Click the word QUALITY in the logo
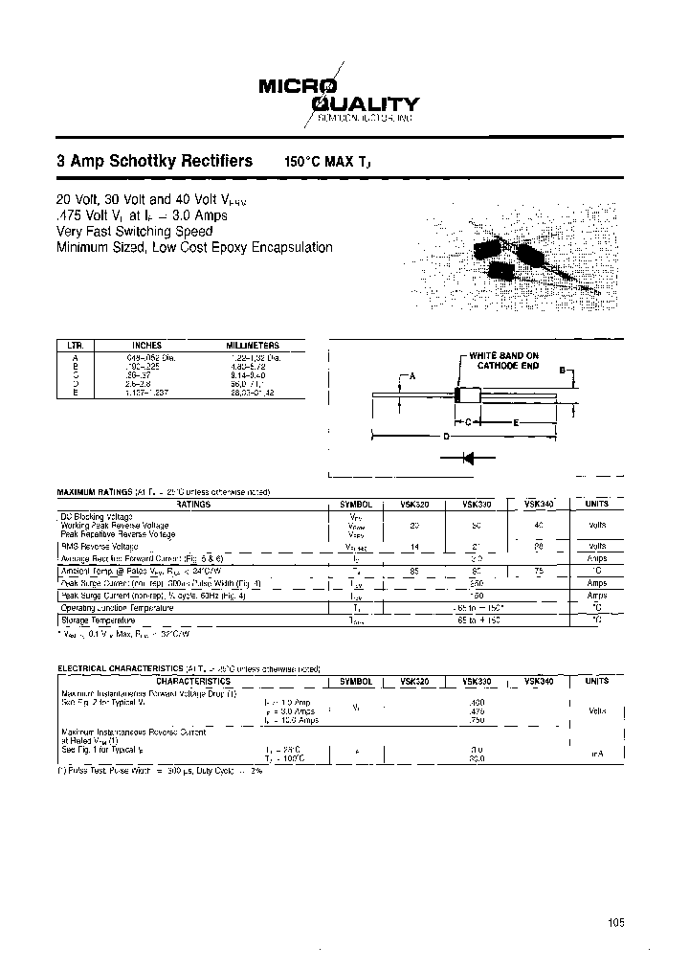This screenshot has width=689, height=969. tap(370, 104)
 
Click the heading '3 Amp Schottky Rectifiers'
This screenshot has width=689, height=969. tap(155, 161)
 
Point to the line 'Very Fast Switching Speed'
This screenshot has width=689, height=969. tap(126, 231)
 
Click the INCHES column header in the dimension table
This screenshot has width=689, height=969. tap(146, 345)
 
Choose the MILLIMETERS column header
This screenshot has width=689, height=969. tap(252, 345)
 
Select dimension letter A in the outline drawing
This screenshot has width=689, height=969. tap(413, 377)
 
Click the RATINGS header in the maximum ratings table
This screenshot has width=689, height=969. tap(194, 504)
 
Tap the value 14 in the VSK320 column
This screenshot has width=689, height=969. tap(413, 545)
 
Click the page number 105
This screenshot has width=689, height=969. tap(615, 923)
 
